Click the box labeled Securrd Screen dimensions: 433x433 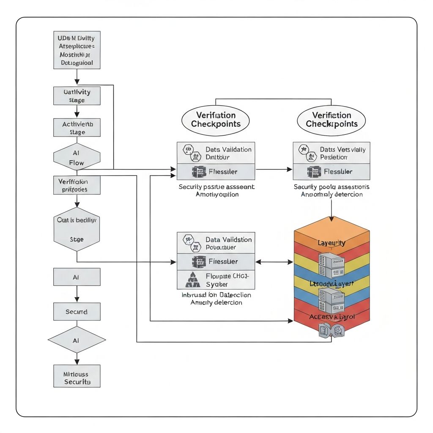[77, 312]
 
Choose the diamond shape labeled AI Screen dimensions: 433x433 [77, 340]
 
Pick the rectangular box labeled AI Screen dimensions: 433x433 [77, 277]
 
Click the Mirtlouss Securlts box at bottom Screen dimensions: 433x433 [77, 376]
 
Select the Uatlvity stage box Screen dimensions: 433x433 [77, 96]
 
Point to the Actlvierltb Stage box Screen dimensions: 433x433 [77, 128]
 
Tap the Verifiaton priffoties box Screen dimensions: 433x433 [77, 185]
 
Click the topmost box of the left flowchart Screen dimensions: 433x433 [77, 50]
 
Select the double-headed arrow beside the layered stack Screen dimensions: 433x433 [274, 262]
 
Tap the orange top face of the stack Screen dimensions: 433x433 [332, 230]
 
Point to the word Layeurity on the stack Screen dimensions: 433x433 [331, 243]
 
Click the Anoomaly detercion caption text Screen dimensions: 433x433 [332, 195]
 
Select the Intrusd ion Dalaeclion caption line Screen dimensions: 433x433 [216, 295]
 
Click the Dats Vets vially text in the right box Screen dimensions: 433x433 [343, 149]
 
